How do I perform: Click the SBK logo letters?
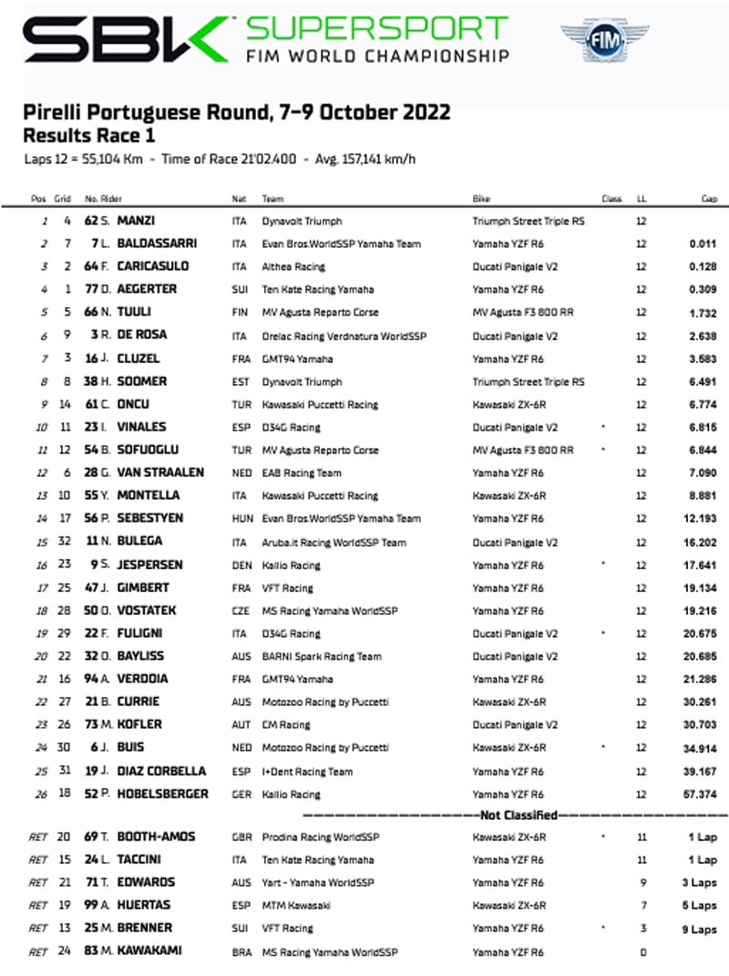pyautogui.click(x=124, y=41)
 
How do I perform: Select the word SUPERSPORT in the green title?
pyautogui.click(x=377, y=28)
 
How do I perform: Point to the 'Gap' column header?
pyautogui.click(x=709, y=199)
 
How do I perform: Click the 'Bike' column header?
pyautogui.click(x=481, y=199)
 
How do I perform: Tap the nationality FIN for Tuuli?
pyautogui.click(x=240, y=312)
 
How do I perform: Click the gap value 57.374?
pyautogui.click(x=700, y=794)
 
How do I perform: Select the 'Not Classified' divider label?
pyautogui.click(x=517, y=815)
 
